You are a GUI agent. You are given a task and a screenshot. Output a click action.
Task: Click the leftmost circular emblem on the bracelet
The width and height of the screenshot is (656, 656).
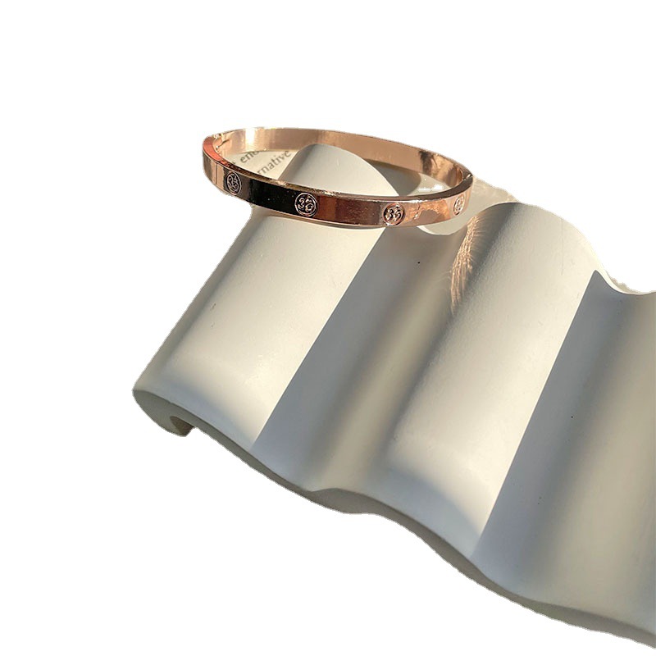234,183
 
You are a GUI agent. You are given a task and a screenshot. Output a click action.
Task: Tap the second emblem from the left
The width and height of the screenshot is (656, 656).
306,204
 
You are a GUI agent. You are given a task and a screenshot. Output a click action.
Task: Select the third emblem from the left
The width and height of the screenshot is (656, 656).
394,214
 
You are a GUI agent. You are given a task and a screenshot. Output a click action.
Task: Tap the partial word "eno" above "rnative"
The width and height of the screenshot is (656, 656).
247,150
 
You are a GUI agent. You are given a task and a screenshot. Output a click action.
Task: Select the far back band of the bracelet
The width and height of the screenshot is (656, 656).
344,137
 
